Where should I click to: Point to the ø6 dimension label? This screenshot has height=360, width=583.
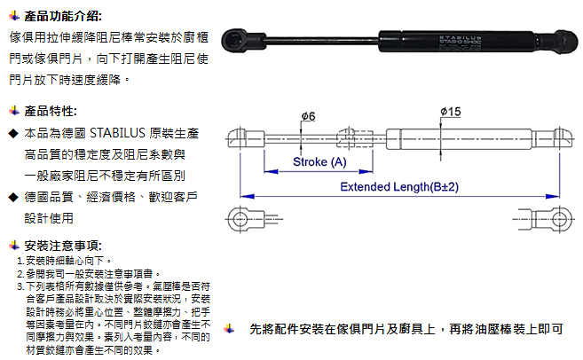tap(308, 117)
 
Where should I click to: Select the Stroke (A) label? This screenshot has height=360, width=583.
tap(319, 162)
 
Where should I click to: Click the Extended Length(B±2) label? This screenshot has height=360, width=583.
tap(399, 188)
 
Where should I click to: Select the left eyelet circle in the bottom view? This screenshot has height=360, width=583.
tap(240, 216)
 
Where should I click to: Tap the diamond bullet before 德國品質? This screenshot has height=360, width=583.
tap(12, 197)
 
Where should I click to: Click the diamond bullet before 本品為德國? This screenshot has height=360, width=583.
tap(12, 133)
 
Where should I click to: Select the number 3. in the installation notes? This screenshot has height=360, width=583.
tap(20, 286)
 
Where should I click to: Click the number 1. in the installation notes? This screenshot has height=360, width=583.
tap(20, 262)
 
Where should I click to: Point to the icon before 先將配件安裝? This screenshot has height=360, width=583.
tap(229, 328)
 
